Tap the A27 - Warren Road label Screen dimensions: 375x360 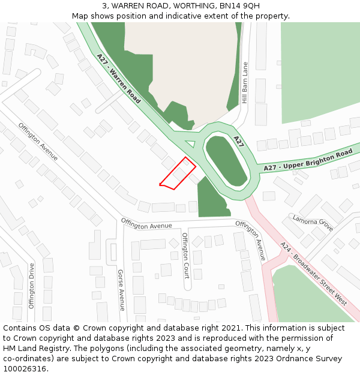click(x=118, y=79)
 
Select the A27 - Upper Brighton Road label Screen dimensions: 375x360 click(x=308, y=160)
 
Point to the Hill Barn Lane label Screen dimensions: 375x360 click(x=244, y=83)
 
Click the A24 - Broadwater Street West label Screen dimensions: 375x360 click(x=314, y=274)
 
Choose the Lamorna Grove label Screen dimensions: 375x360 click(x=313, y=223)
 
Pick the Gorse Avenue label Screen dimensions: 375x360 click(x=121, y=290)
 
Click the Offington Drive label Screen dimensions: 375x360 click(x=32, y=285)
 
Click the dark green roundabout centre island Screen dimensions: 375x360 click(x=226, y=160)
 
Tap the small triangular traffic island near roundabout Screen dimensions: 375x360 click(x=190, y=143)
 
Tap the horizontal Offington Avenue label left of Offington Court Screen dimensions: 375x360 click(x=146, y=223)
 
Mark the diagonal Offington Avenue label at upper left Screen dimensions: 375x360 click(x=38, y=142)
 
